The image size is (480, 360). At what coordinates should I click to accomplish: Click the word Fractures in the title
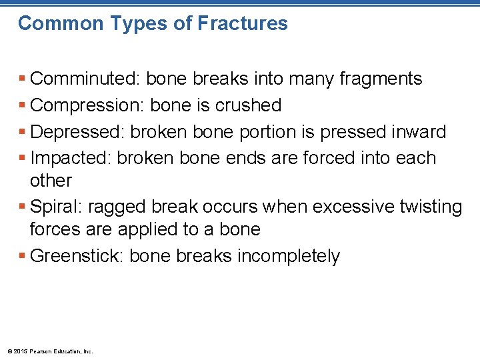(243, 23)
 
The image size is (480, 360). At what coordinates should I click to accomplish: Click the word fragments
(381, 79)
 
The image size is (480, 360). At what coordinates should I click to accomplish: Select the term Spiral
(56, 207)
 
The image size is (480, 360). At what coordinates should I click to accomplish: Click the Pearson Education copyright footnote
(50, 351)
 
